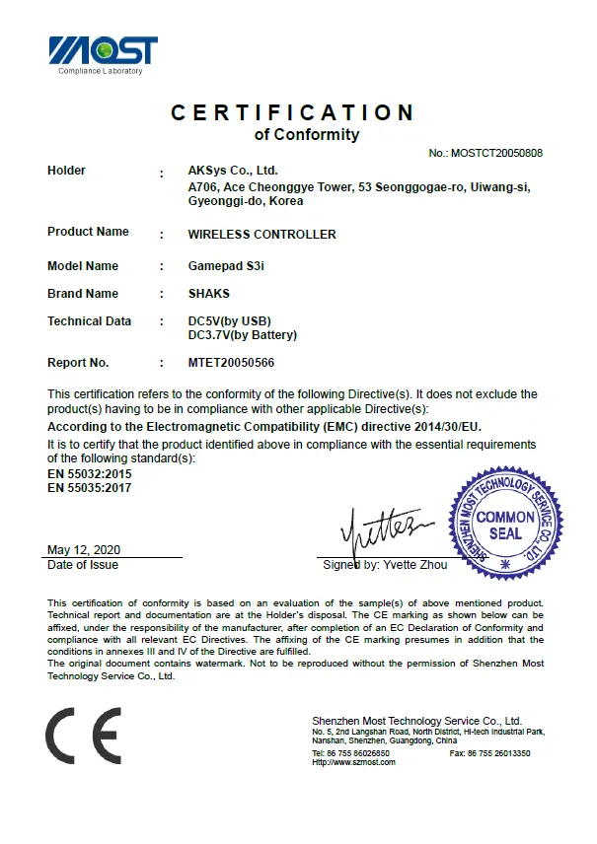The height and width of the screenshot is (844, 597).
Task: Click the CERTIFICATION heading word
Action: pos(293,112)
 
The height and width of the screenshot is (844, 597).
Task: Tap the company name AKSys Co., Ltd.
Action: pos(233,171)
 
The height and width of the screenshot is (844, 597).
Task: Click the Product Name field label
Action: pos(88,232)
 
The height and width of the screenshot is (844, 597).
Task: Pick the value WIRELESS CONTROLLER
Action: pos(261,235)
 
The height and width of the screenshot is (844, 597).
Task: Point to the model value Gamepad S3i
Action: pos(223,266)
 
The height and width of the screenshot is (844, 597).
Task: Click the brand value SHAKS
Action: pos(208,294)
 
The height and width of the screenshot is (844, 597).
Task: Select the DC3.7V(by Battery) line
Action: pos(242,335)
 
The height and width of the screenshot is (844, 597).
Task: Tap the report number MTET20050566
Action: pos(231,363)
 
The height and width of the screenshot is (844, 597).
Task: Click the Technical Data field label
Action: pos(89,321)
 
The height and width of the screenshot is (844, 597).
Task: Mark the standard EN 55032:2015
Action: pos(90,474)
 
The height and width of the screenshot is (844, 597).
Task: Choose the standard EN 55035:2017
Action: pos(90,487)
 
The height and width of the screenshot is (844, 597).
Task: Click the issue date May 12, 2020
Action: pos(84,550)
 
